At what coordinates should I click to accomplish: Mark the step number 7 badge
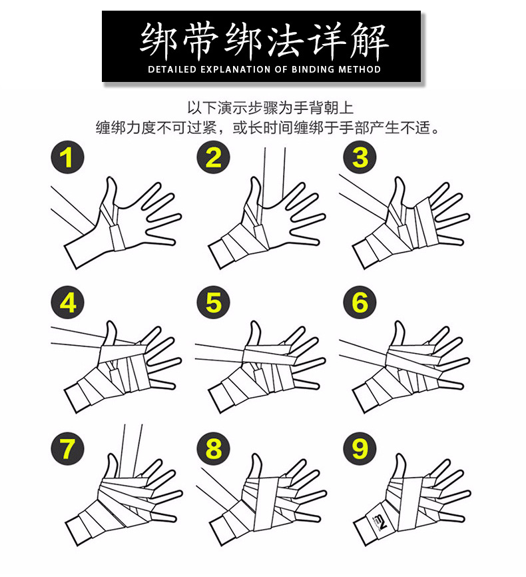(x=67, y=448)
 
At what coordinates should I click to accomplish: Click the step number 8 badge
(x=213, y=448)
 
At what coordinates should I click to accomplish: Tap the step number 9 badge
(x=360, y=448)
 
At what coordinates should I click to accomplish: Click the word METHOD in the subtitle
(x=359, y=69)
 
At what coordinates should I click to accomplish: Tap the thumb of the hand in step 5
(x=255, y=333)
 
